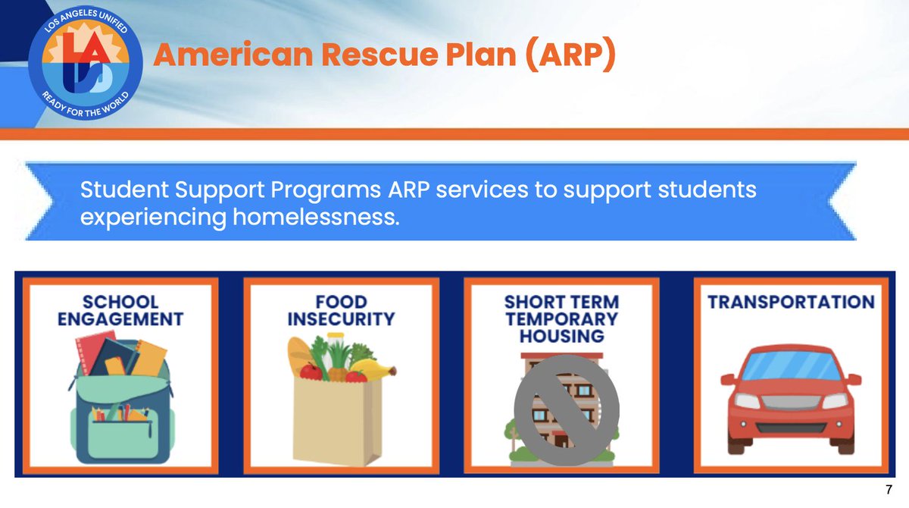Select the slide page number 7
tap(888, 490)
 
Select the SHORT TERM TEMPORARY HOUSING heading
tap(561, 318)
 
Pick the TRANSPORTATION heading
tap(791, 302)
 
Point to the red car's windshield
tap(790, 368)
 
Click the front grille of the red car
tap(790, 402)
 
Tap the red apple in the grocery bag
tap(311, 371)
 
